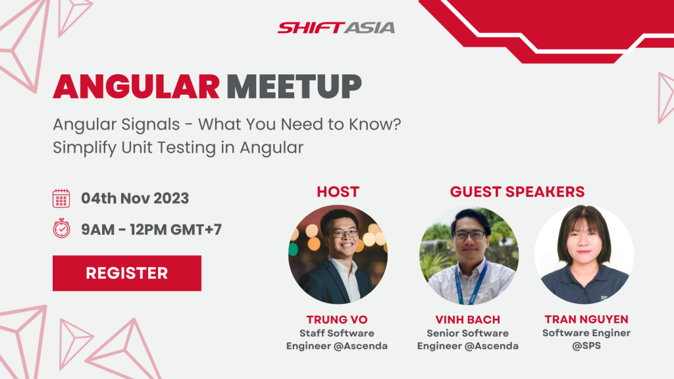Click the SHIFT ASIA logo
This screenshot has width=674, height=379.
(336, 28)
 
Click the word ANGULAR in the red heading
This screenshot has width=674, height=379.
(136, 87)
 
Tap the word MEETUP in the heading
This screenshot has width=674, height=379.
(294, 87)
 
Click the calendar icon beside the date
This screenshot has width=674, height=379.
(61, 199)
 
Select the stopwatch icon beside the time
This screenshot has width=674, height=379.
(61, 228)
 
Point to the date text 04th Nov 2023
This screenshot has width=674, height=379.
(135, 198)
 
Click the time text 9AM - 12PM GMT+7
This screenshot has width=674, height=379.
(151, 230)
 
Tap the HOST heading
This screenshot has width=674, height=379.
(338, 191)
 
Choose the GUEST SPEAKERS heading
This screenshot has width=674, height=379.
(517, 191)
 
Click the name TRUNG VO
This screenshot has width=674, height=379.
(337, 320)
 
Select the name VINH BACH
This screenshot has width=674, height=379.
(468, 320)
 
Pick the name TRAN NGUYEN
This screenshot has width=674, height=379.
(586, 319)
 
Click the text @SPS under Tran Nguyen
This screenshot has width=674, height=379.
(586, 346)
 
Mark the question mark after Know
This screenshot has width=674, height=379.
(396, 124)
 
